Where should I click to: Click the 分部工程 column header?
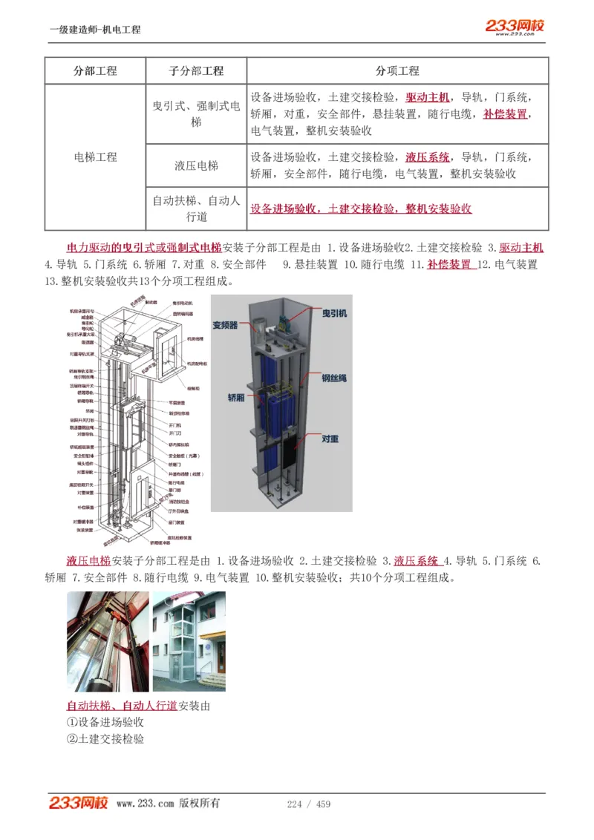(95, 71)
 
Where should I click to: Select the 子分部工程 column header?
(196, 71)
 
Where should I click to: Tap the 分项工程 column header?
(397, 71)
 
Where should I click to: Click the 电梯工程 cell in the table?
(95, 157)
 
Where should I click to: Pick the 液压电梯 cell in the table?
(196, 165)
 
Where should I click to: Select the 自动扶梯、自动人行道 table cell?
(196, 209)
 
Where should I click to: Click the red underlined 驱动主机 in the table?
(428, 97)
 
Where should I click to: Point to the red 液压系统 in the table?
(428, 157)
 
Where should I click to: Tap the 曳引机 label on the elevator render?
(334, 314)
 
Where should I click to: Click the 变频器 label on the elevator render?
(225, 325)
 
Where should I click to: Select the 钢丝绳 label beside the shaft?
(334, 378)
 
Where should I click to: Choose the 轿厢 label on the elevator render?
(235, 398)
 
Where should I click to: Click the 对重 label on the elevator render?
(330, 439)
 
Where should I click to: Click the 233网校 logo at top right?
(515, 27)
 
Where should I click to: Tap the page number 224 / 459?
(308, 804)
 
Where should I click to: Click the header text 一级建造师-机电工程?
(95, 30)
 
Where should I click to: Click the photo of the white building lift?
(189, 641)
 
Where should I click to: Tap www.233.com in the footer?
(145, 804)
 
